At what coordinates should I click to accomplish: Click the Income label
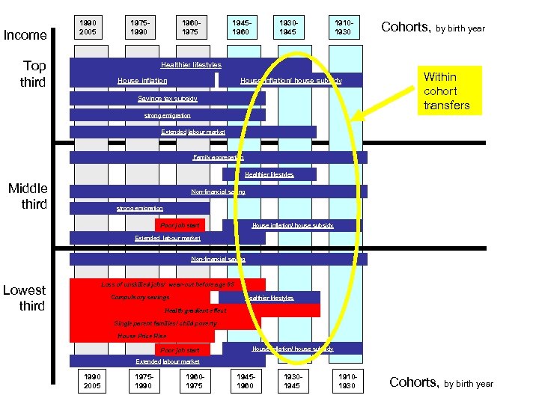(25, 35)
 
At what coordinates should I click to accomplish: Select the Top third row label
(34, 73)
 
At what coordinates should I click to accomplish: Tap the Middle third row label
(28, 196)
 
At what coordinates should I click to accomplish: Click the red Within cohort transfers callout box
(446, 91)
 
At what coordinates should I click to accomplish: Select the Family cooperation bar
(218, 157)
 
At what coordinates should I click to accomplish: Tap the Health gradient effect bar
(195, 310)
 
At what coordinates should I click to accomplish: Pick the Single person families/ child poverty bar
(165, 323)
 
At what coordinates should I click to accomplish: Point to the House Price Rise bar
(142, 336)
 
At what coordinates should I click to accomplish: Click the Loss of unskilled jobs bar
(168, 284)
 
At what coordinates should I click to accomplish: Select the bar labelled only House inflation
(142, 80)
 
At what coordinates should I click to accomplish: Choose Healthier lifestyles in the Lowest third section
(269, 298)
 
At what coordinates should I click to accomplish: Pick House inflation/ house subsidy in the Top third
(291, 80)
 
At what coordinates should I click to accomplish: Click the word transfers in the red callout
(446, 105)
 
